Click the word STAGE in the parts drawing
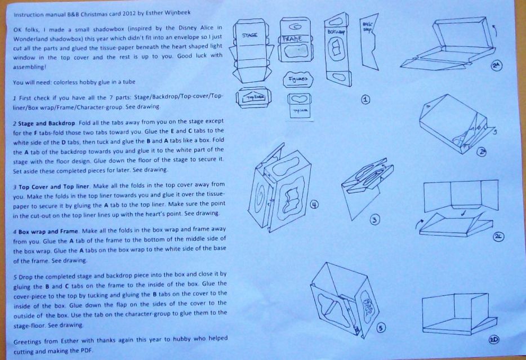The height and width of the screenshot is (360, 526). [249, 35]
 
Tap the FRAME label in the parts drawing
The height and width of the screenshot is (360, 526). [292, 39]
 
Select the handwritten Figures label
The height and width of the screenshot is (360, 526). [297, 79]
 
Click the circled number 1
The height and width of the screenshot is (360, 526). [365, 99]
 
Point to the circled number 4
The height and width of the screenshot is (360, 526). [314, 205]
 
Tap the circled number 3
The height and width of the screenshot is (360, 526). [375, 220]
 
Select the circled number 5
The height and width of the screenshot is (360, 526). [380, 328]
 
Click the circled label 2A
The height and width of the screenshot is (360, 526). [497, 65]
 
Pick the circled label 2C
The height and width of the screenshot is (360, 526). [498, 237]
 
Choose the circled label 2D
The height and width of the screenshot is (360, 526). [494, 340]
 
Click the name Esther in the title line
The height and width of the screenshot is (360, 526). [154, 13]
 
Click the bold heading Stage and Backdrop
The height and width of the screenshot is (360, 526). [47, 123]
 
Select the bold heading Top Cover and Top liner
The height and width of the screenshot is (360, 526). [54, 186]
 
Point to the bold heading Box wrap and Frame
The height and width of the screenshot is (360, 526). [48, 232]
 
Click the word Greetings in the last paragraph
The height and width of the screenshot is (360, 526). [26, 342]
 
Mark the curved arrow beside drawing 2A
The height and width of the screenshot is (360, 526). [494, 31]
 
